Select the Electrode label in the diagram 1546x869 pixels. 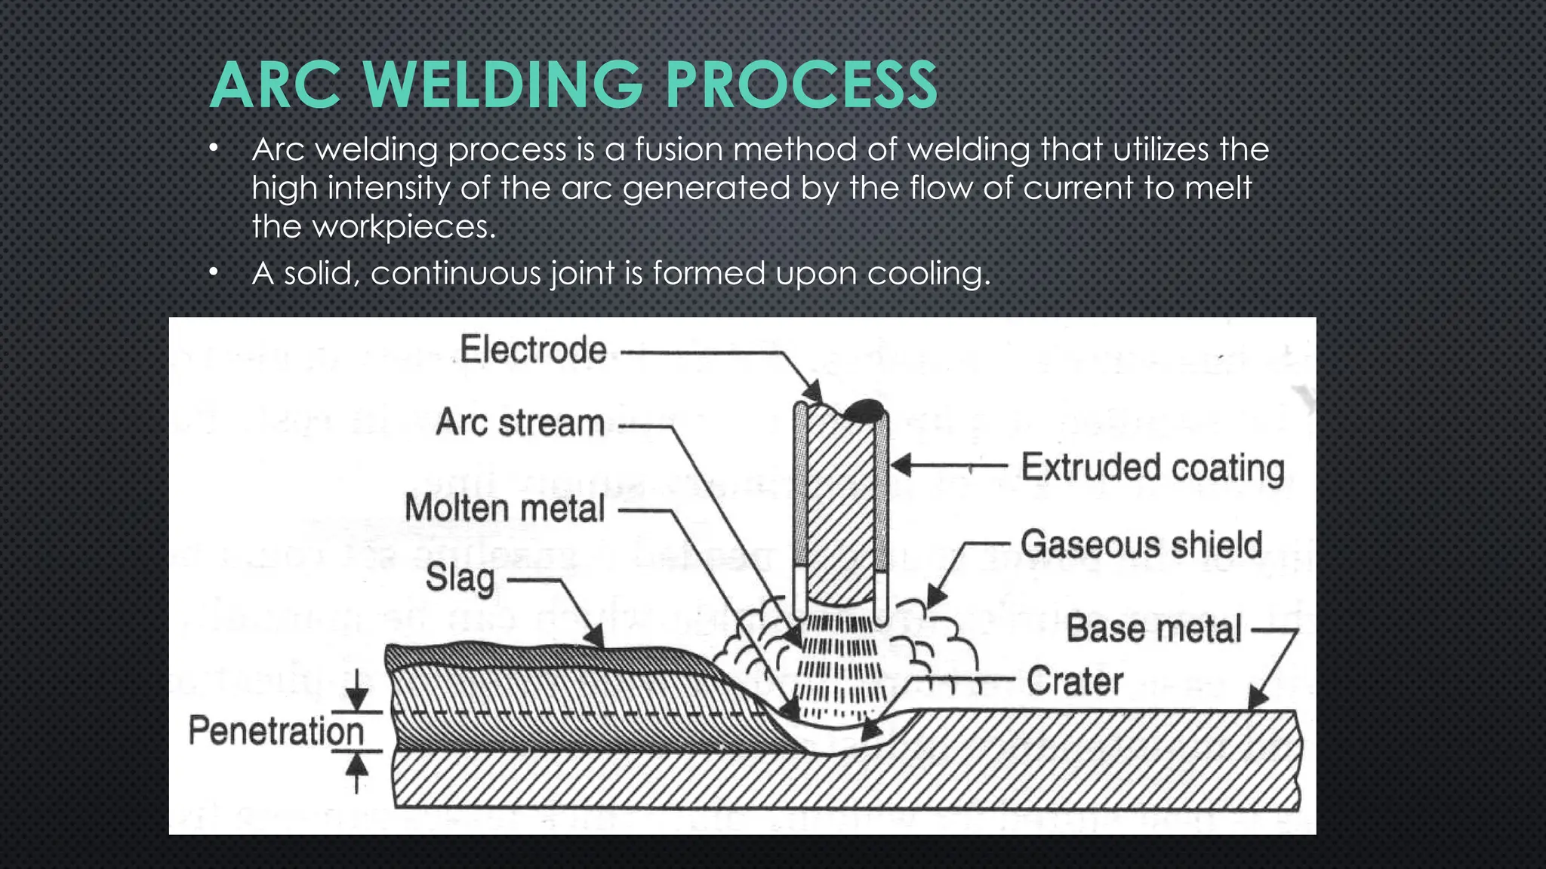(533, 350)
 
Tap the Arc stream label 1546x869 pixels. (520, 422)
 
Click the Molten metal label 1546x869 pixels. (504, 508)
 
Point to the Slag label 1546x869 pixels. (460, 579)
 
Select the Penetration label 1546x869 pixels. (276, 731)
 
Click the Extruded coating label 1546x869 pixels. (1153, 468)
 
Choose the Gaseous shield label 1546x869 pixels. (1141, 545)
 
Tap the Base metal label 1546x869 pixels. (1153, 629)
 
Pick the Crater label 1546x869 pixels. (1074, 681)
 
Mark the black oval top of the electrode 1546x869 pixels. (864, 410)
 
